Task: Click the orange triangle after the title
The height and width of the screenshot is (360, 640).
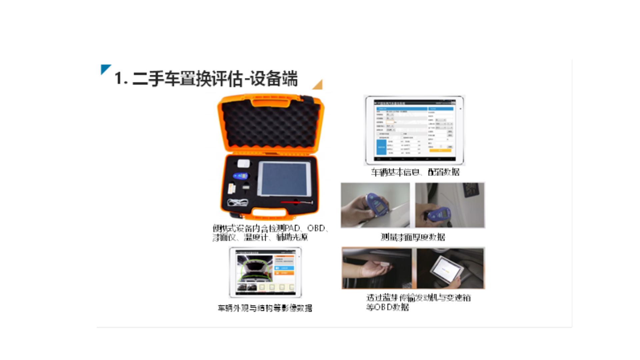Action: [319, 85]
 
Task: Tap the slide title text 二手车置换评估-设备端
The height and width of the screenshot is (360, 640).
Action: [206, 79]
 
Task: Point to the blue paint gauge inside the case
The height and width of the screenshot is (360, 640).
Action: [240, 176]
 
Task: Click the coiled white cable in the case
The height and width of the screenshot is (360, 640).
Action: [238, 202]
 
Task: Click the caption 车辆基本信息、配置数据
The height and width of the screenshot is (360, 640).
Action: [415, 172]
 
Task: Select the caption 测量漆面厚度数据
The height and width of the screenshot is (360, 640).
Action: [413, 237]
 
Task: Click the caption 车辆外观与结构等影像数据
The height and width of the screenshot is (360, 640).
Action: [265, 308]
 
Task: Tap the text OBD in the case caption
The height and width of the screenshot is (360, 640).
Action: [316, 228]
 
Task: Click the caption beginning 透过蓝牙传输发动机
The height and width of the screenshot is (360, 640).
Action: [418, 298]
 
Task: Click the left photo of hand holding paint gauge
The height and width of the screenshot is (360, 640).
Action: [375, 205]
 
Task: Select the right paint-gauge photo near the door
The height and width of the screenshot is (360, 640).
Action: [450, 205]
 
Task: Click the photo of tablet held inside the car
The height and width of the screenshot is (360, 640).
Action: [450, 268]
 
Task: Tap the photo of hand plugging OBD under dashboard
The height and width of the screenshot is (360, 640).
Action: [377, 268]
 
